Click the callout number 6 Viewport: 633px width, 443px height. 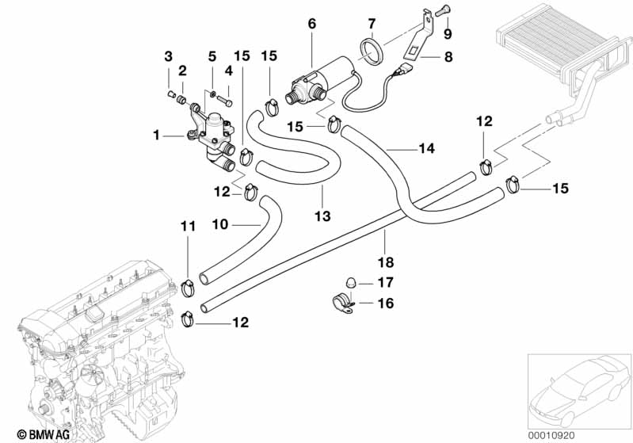(x=311, y=24)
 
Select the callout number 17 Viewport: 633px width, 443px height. (x=385, y=282)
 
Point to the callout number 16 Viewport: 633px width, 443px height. (x=385, y=302)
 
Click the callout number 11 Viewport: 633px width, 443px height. (x=187, y=227)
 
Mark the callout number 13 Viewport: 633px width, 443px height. (x=322, y=215)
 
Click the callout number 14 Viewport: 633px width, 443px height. (x=427, y=147)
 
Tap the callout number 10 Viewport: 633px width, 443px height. (x=219, y=224)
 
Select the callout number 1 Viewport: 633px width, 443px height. (x=156, y=136)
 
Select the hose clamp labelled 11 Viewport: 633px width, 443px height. (x=189, y=286)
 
